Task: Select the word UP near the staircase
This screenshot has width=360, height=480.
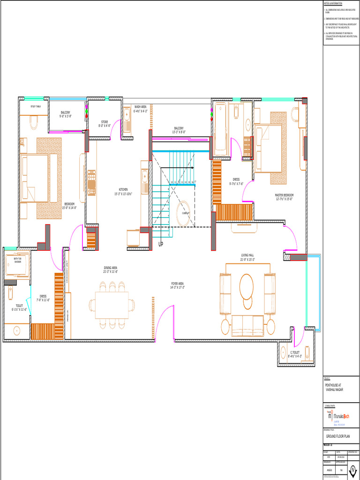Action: (x=161, y=244)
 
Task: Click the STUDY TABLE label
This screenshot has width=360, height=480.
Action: (x=36, y=106)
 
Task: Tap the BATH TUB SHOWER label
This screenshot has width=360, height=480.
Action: (x=17, y=260)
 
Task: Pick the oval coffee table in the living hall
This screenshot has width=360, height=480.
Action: (x=246, y=286)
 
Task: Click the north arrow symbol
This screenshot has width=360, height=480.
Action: (x=352, y=472)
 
